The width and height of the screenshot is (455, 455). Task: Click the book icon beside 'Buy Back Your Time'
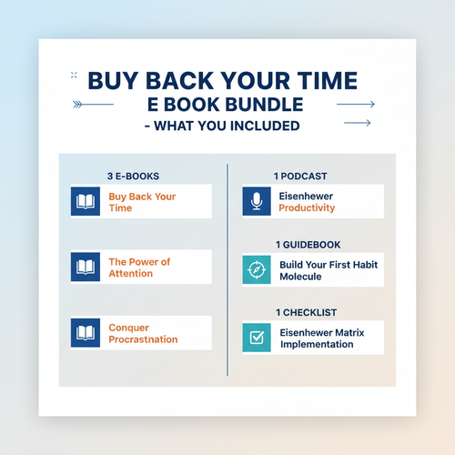pos(86,202)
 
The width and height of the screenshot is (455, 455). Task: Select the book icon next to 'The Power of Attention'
pos(86,268)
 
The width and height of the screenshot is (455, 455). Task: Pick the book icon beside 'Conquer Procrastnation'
pos(86,333)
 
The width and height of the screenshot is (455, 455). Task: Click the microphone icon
pos(257,202)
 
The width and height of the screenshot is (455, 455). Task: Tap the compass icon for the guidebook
pos(257,269)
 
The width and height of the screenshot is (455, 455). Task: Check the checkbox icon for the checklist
pos(257,339)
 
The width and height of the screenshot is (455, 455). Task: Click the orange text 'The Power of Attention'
pos(139,268)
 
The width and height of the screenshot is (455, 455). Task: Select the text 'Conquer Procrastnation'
pos(143,333)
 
